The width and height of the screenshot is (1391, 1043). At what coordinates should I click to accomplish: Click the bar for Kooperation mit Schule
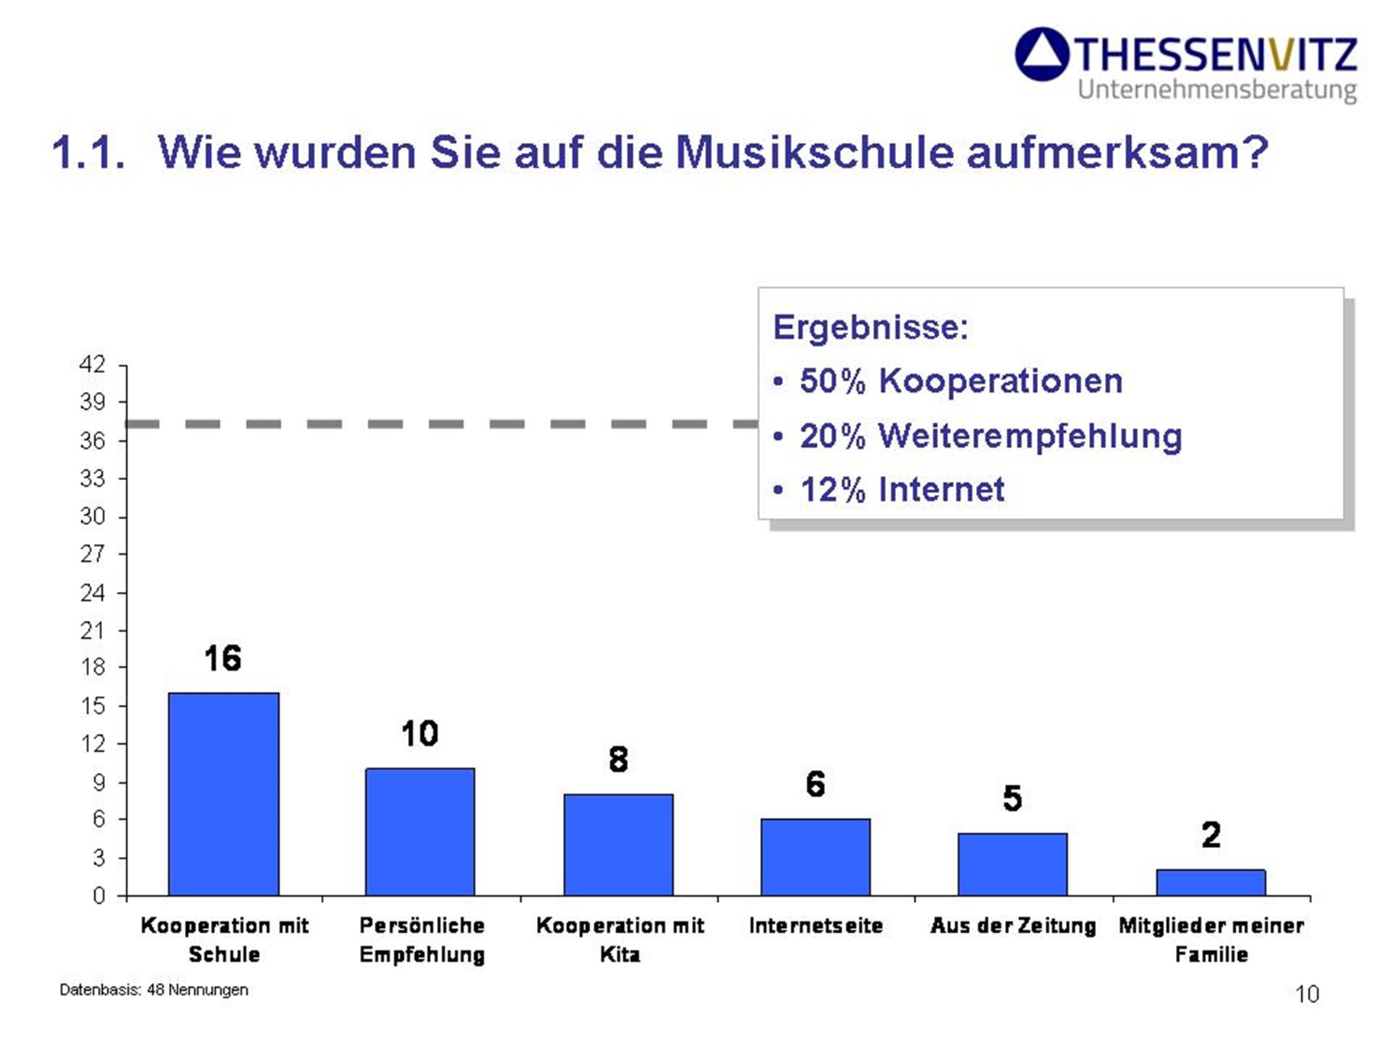click(x=223, y=794)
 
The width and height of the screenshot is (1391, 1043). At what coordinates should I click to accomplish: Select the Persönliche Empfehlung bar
click(x=420, y=832)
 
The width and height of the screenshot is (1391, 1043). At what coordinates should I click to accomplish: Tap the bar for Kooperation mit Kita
click(x=618, y=845)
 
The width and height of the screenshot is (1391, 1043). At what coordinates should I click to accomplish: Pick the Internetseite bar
click(x=815, y=857)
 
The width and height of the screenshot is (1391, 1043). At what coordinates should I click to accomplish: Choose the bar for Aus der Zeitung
click(x=1012, y=864)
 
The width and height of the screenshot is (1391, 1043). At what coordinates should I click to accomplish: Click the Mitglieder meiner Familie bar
click(x=1211, y=882)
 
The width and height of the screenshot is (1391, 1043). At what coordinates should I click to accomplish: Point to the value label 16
click(x=222, y=658)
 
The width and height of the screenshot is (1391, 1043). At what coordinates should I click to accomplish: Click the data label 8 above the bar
click(x=618, y=759)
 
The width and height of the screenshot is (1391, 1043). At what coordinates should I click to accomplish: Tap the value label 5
click(x=1012, y=798)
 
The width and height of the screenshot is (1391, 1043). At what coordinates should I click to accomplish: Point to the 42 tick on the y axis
click(x=93, y=364)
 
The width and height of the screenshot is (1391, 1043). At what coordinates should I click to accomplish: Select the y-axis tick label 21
click(x=93, y=631)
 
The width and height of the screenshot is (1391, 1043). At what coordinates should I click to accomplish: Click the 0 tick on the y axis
click(x=99, y=896)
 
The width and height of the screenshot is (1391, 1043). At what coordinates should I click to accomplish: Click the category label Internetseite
click(x=816, y=926)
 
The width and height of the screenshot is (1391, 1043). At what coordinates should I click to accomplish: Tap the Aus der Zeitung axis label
click(x=1013, y=926)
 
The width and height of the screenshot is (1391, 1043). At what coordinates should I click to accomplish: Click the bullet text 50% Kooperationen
click(x=961, y=381)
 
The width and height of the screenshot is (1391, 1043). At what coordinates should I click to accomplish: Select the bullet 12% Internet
click(x=902, y=490)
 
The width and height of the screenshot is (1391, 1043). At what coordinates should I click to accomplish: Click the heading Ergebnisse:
click(x=870, y=327)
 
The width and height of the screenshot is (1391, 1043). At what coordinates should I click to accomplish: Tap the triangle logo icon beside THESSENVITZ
click(x=1042, y=54)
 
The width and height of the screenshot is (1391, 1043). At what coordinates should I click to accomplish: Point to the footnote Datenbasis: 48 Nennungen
click(x=154, y=989)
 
